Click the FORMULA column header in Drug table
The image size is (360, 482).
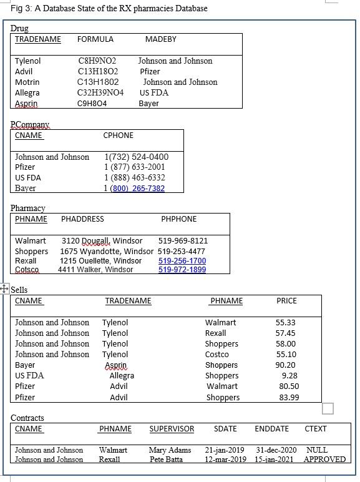pyautogui.click(x=95, y=39)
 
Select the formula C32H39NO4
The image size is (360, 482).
pyautogui.click(x=100, y=93)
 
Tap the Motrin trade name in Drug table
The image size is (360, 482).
pyautogui.click(x=27, y=82)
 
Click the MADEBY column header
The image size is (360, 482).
pyautogui.click(x=160, y=39)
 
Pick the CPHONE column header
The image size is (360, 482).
pyautogui.click(x=118, y=135)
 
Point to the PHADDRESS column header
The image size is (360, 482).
pyautogui.click(x=82, y=219)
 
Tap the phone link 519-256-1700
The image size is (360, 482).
pyautogui.click(x=182, y=261)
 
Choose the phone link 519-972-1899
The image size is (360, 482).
pyautogui.click(x=182, y=270)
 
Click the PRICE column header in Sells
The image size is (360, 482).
pyautogui.click(x=286, y=301)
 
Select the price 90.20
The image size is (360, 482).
pyautogui.click(x=285, y=365)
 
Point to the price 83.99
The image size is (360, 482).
pyautogui.click(x=289, y=398)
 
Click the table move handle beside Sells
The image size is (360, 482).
pyautogui.click(x=4, y=288)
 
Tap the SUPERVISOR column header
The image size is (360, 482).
pyautogui.click(x=172, y=429)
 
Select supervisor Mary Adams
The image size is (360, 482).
pyautogui.click(x=170, y=450)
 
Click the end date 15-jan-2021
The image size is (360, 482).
pyautogui.click(x=274, y=460)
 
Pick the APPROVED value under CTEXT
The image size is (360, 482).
pyautogui.click(x=324, y=460)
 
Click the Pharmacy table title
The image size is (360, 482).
pyautogui.click(x=28, y=208)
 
